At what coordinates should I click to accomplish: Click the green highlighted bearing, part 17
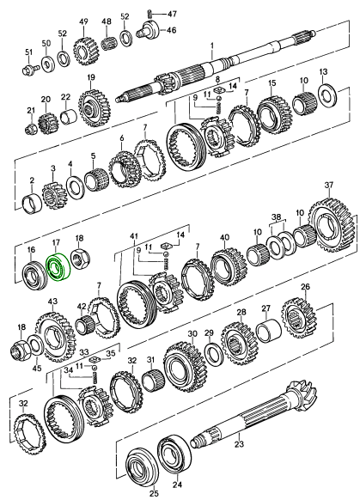coord(58,268)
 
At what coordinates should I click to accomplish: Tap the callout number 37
coord(329,185)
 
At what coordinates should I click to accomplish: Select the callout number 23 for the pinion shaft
coord(239,443)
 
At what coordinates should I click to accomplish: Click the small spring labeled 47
coord(149,14)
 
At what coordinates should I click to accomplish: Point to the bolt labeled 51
coord(31,69)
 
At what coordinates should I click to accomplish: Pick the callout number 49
coord(83,21)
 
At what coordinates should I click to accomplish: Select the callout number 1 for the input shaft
coord(212,46)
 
